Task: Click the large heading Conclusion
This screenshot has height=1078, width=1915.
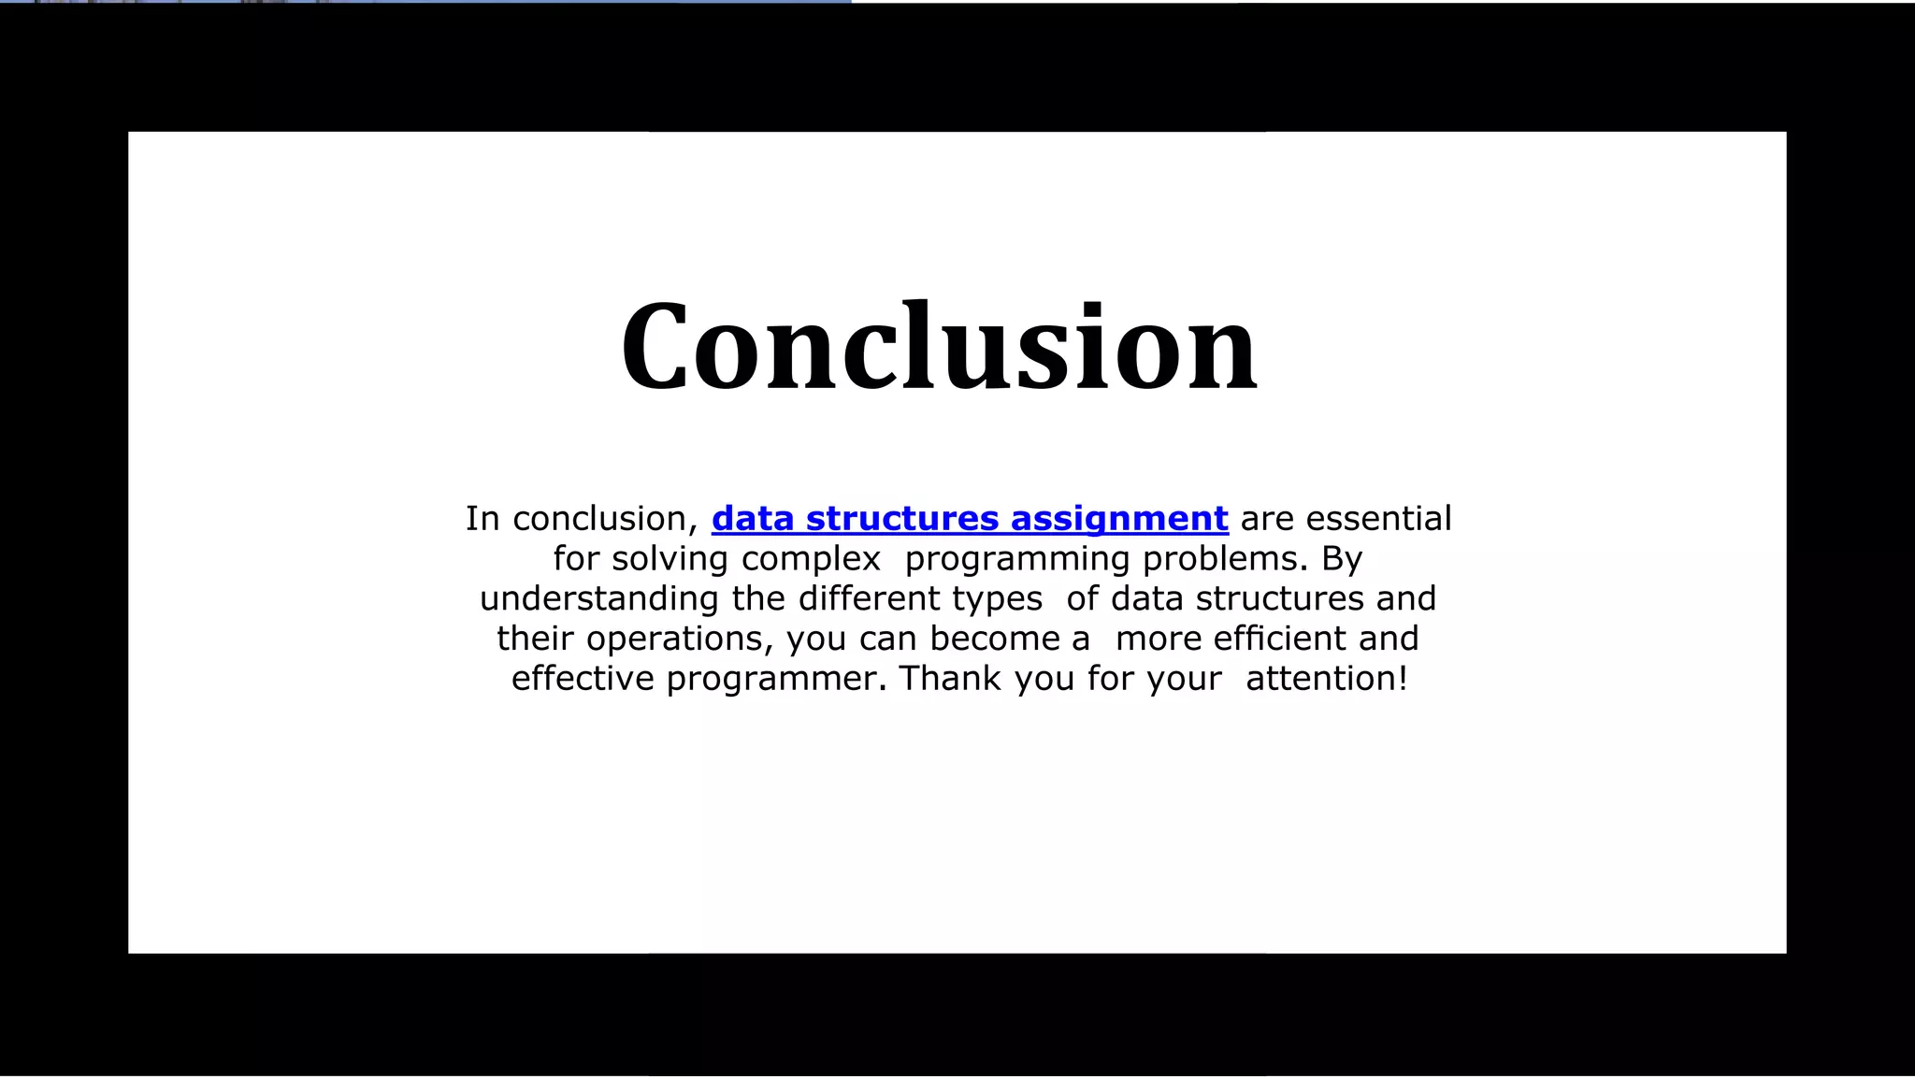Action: pyautogui.click(x=939, y=347)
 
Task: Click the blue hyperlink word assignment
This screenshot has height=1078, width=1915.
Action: pyautogui.click(x=1119, y=519)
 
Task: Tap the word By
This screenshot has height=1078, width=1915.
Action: pyautogui.click(x=1342, y=559)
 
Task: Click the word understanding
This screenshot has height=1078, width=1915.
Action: pyautogui.click(x=599, y=599)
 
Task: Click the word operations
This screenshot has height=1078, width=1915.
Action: pyautogui.click(x=680, y=639)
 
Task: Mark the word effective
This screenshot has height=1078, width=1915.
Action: pyautogui.click(x=583, y=679)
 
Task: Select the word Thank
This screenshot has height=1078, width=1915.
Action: pyautogui.click(x=950, y=679)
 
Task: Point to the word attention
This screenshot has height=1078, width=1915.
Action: pyautogui.click(x=1320, y=679)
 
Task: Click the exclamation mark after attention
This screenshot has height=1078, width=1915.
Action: pyautogui.click(x=1403, y=679)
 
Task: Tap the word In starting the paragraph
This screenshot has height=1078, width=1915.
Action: pyautogui.click(x=482, y=519)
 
